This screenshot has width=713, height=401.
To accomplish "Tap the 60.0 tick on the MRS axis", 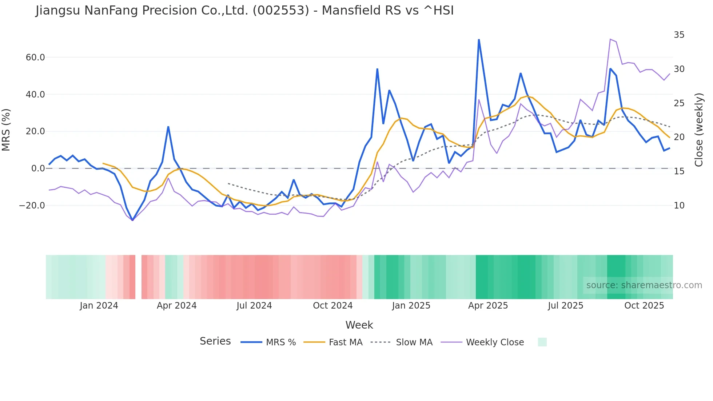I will [x=35, y=57].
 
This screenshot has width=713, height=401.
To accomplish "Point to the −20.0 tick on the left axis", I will [x=32, y=206].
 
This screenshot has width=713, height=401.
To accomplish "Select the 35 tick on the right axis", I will [x=679, y=35].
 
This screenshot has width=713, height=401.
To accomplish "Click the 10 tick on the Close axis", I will [x=679, y=206].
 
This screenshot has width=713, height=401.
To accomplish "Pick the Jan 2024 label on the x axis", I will [x=99, y=306].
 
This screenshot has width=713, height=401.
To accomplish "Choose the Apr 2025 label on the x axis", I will [x=488, y=306].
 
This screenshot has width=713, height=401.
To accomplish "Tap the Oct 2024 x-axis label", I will [x=332, y=306].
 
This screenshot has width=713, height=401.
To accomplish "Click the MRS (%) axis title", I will [x=6, y=130].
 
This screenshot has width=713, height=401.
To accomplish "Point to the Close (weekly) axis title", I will [x=698, y=130].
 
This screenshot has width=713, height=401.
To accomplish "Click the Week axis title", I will [x=359, y=325].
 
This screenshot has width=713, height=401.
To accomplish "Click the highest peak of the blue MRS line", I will [x=479, y=39].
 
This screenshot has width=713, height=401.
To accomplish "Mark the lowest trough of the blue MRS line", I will [x=132, y=220].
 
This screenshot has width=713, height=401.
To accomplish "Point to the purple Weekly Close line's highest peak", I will [x=610, y=39].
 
